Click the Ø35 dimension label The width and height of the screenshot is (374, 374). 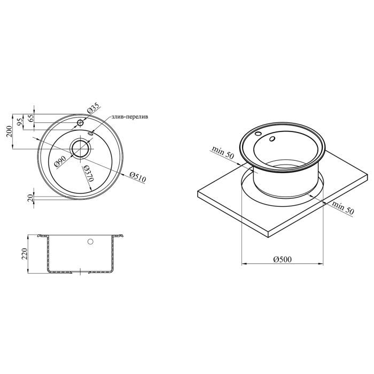93,108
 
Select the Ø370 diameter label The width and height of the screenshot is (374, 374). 88,174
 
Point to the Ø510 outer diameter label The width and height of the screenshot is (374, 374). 138,177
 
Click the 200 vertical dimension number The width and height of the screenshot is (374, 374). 9,131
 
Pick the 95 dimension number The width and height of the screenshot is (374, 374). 20,122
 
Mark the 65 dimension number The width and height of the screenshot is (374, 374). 31,118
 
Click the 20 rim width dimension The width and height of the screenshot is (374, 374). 30,198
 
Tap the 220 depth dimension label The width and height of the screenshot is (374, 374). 25,254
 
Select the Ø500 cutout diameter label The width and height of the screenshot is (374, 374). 283,259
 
